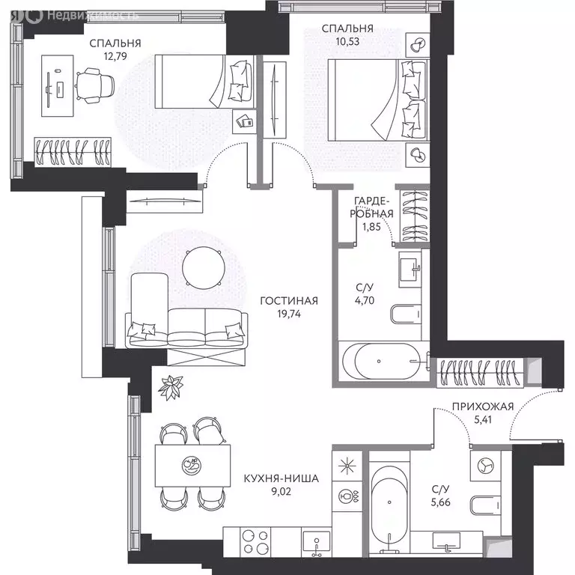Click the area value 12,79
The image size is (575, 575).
115,56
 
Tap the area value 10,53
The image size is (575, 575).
347,41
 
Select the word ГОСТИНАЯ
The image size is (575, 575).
289,301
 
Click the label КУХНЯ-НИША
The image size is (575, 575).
282,478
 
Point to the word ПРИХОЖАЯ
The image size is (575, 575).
483,407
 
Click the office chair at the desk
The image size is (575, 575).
95,86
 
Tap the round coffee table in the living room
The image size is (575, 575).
204,268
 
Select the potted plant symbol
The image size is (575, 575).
171,387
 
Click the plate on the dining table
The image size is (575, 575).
192,465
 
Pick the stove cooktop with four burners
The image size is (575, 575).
255,542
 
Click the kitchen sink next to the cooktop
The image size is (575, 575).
316,542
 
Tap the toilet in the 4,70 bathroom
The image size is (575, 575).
406,314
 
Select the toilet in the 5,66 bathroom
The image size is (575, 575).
485,505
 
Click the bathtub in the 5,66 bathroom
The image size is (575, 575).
389,508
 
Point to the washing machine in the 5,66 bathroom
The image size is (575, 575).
485,466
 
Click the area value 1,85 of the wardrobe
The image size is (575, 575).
371,227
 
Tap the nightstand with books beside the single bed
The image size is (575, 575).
245,121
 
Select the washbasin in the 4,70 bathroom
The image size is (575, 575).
410,270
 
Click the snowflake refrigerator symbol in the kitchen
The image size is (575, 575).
347,466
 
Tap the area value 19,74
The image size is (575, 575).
289,314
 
